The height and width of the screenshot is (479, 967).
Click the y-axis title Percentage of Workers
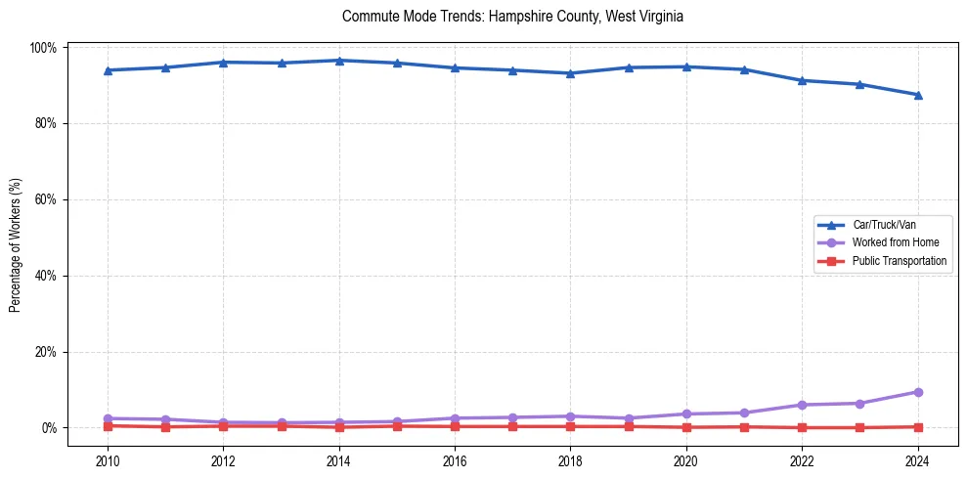click(x=15, y=238)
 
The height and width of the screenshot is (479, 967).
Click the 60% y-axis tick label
click(x=46, y=199)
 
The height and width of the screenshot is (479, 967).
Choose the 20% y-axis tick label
click(x=46, y=352)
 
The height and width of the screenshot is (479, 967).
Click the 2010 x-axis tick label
click(x=108, y=462)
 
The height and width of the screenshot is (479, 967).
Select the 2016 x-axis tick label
click(x=455, y=462)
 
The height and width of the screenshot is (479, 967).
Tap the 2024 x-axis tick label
click(x=917, y=462)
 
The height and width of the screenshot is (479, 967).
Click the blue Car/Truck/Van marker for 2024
click(x=917, y=95)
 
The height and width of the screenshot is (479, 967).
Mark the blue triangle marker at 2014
click(x=339, y=61)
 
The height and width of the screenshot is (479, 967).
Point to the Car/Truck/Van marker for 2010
click(x=108, y=70)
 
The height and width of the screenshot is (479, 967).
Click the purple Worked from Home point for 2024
click(x=917, y=392)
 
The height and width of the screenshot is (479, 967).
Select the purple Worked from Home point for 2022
click(x=802, y=405)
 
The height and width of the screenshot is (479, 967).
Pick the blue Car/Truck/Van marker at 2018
click(x=570, y=73)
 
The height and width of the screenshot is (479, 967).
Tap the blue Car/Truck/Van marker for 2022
click(x=802, y=80)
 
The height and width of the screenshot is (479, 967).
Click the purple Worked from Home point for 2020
click(x=686, y=414)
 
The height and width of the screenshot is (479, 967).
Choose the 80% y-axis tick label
click(x=46, y=124)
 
